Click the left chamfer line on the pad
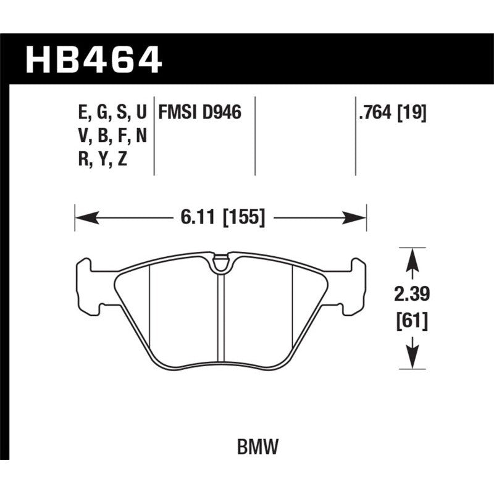pos(151,309)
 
